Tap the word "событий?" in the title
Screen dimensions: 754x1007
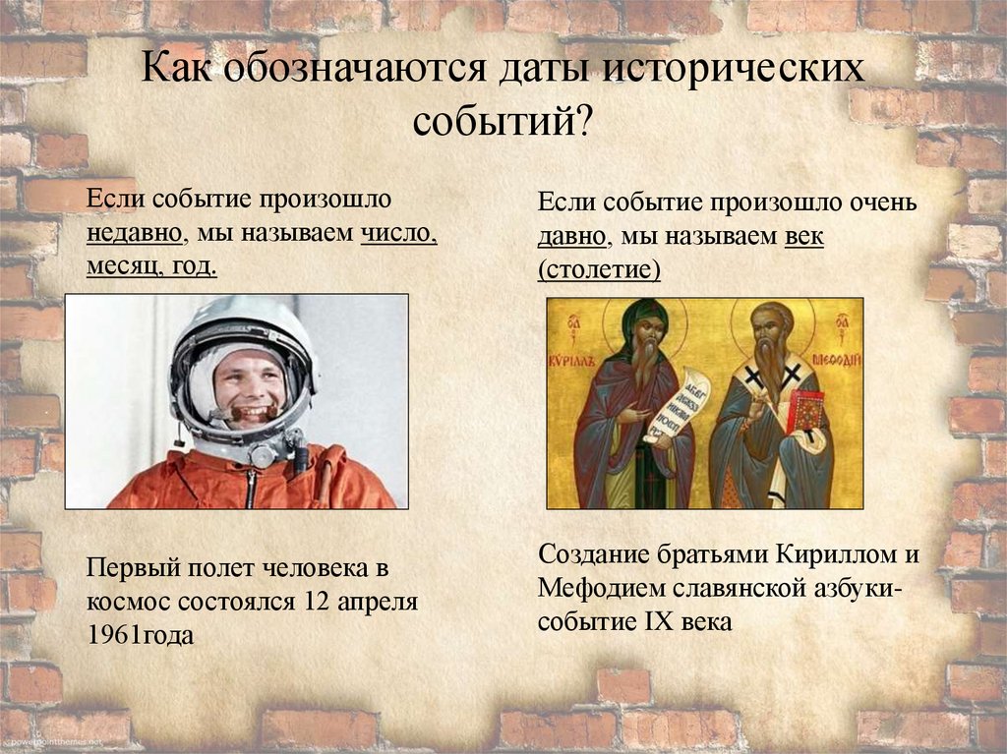click(x=503, y=122)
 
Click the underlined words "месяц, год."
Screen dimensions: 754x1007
click(x=151, y=267)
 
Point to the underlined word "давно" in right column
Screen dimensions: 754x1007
click(x=572, y=237)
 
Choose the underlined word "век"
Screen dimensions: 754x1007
click(x=804, y=237)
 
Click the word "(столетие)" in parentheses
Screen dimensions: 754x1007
click(x=599, y=269)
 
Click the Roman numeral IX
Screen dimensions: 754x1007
click(x=668, y=621)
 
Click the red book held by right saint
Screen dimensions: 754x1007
click(x=805, y=409)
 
